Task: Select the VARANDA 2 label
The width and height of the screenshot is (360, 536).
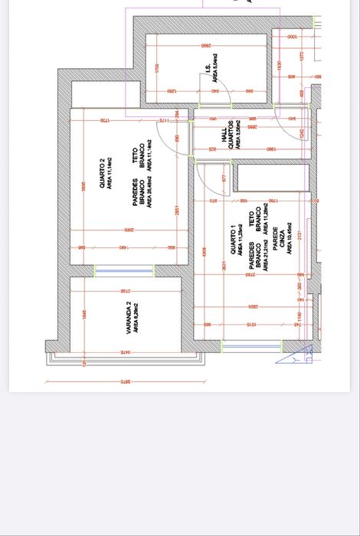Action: click(128, 316)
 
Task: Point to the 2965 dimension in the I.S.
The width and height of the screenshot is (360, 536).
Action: click(206, 47)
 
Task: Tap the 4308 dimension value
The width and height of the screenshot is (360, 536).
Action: click(204, 252)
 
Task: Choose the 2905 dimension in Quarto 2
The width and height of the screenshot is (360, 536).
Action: click(129, 229)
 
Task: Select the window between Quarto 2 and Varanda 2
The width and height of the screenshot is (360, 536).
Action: click(123, 271)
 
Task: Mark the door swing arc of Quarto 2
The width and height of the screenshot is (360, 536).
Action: click(182, 142)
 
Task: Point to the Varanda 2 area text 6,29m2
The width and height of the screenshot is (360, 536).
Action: click(136, 316)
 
